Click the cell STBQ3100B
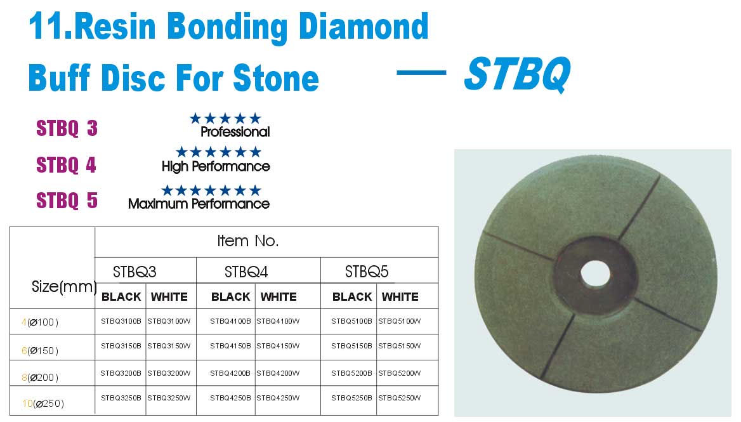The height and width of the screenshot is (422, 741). (x=121, y=321)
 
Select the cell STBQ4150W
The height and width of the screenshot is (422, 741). (x=278, y=346)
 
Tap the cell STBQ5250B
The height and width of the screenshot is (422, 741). (x=351, y=398)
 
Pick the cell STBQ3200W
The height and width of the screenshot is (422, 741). (x=169, y=373)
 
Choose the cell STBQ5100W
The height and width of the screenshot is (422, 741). (x=399, y=321)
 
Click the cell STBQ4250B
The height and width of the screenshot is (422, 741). (x=230, y=398)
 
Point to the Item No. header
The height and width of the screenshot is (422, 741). (x=247, y=241)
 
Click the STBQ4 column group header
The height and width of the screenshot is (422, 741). (x=246, y=272)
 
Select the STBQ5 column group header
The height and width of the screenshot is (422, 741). (x=366, y=272)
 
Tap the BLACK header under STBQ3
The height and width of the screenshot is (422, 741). (x=121, y=297)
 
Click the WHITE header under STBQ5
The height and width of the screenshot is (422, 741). (x=400, y=297)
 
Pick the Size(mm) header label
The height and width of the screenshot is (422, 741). (x=64, y=286)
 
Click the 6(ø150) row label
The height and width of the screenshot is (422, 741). (x=40, y=351)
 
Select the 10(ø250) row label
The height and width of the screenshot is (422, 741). (x=43, y=404)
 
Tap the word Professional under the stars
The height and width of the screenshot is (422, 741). (x=235, y=132)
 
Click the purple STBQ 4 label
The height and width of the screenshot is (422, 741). (x=66, y=165)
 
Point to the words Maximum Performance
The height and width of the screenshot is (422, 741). (x=199, y=204)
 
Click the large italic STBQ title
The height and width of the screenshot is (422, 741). (x=518, y=74)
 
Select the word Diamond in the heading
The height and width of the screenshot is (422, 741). (x=364, y=27)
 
